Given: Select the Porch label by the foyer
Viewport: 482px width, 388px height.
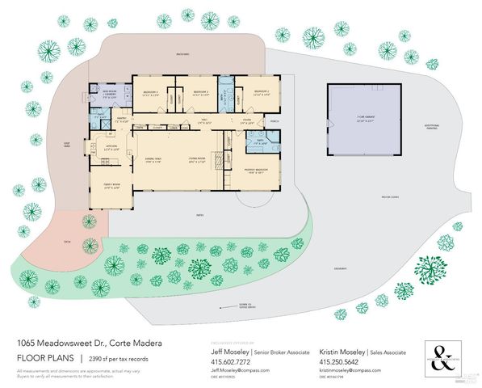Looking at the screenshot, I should coord(275,124).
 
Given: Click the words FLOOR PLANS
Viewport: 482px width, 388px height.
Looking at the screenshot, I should coord(43,357).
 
